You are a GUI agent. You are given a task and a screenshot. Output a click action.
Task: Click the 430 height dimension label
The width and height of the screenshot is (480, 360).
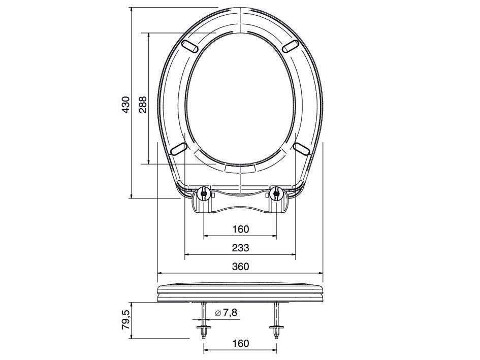[x=126, y=105]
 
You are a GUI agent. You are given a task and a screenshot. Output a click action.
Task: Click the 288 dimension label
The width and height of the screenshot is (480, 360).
[x=143, y=105]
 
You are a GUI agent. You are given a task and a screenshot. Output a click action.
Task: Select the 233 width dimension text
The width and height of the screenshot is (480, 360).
[x=240, y=248]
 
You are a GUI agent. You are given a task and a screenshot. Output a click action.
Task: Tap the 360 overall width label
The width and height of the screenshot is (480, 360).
[x=240, y=267]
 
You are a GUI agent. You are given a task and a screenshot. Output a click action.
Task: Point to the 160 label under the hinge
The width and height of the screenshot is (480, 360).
[x=240, y=229]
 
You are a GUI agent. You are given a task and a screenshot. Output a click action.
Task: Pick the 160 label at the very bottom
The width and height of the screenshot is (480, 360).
[x=240, y=343]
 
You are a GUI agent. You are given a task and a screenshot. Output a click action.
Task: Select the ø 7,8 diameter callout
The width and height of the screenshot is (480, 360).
[x=226, y=313]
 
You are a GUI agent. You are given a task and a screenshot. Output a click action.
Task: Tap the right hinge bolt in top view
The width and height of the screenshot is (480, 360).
[x=276, y=193]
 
